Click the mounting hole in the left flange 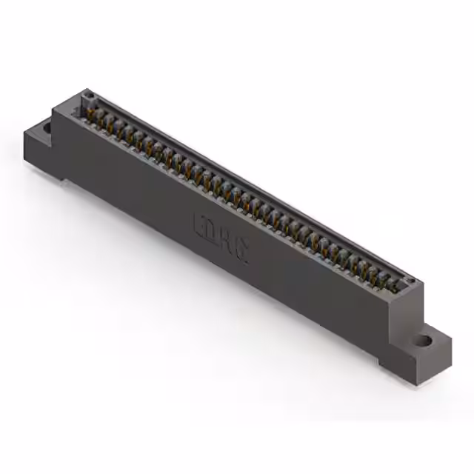pyautogui.click(x=47, y=127)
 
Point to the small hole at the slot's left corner pyautogui.click(x=87, y=96)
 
